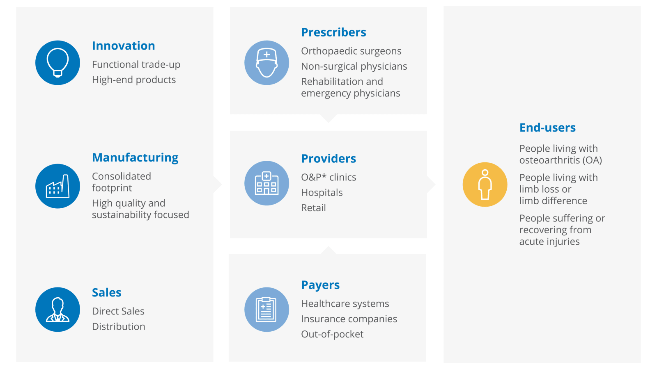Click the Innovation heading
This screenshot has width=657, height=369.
(x=124, y=46)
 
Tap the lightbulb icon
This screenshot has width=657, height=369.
(x=58, y=63)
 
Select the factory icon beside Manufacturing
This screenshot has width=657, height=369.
(x=58, y=186)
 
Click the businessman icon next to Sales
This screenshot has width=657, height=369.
(x=58, y=310)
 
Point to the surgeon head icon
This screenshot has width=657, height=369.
(x=266, y=63)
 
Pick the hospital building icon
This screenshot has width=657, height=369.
(x=266, y=183)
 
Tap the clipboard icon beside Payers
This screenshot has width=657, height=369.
(x=266, y=310)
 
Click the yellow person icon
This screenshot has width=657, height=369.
(x=485, y=184)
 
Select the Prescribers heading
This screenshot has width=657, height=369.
(x=333, y=32)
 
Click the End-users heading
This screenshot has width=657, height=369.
(x=547, y=128)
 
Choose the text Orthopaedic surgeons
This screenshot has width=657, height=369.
(x=351, y=51)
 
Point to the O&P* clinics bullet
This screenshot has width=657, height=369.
(x=328, y=177)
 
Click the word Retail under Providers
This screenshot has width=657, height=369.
(x=313, y=207)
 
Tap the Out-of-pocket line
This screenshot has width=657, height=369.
(x=332, y=334)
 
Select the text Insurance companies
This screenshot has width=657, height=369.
(x=349, y=319)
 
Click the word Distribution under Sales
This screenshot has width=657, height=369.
(x=119, y=326)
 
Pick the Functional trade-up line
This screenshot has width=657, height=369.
(x=136, y=65)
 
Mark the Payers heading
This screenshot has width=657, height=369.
(x=320, y=285)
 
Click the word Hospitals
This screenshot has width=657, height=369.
(x=322, y=193)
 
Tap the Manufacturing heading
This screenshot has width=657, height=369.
(x=135, y=157)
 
